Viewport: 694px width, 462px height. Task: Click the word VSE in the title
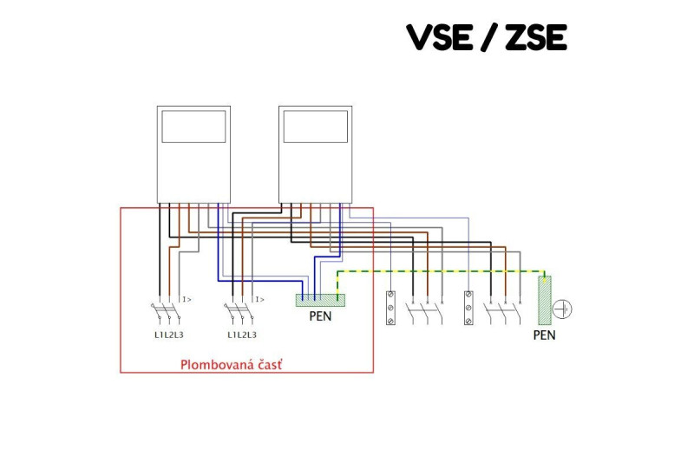pyautogui.click(x=442, y=37)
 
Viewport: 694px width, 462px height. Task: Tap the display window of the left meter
pyautogui.click(x=193, y=127)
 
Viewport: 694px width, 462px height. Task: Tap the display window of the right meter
pyautogui.click(x=316, y=127)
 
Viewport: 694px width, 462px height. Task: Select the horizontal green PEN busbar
pyautogui.click(x=320, y=300)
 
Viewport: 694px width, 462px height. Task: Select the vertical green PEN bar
pyautogui.click(x=545, y=301)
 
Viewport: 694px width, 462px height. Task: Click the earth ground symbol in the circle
pyautogui.click(x=566, y=308)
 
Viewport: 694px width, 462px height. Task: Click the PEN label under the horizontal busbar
pyautogui.click(x=320, y=316)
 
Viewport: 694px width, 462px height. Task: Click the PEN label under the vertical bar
pyautogui.click(x=545, y=335)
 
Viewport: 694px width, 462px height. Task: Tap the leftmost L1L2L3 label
pyautogui.click(x=169, y=335)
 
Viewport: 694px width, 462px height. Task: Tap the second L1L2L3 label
pyautogui.click(x=242, y=335)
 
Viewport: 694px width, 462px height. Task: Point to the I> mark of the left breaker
pyautogui.click(x=186, y=299)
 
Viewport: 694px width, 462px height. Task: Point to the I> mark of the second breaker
pyautogui.click(x=259, y=299)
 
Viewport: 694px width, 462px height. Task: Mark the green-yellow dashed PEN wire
pyautogui.click(x=434, y=271)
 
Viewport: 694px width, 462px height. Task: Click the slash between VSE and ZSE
pyautogui.click(x=487, y=37)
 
